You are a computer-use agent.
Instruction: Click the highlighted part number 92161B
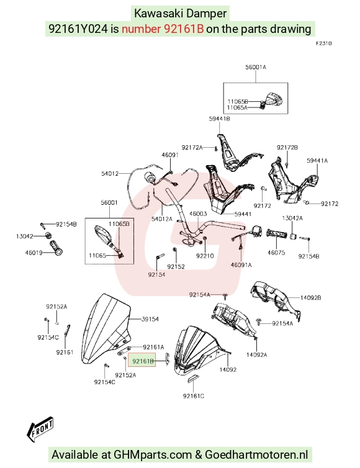(143, 361)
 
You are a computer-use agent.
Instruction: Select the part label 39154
(150, 319)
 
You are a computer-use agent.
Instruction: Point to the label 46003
(198, 214)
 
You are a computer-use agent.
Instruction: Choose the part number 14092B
(310, 297)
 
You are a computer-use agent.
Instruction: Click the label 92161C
(194, 396)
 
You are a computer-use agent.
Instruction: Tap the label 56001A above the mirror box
(256, 67)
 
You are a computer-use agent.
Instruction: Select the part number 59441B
(219, 119)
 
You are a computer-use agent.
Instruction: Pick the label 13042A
(292, 218)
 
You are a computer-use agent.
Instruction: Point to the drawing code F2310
(324, 43)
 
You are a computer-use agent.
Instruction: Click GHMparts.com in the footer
(153, 455)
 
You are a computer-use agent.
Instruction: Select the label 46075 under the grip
(276, 253)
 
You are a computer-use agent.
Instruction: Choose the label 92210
(205, 256)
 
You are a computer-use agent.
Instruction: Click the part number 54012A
(162, 218)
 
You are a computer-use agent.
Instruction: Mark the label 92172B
(287, 148)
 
